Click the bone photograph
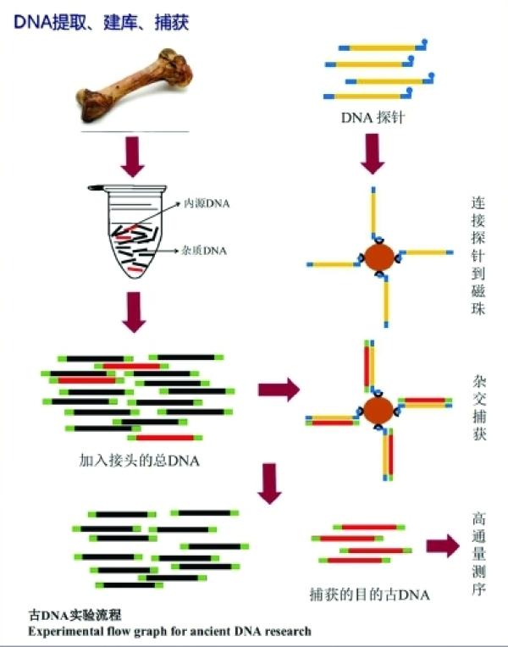[134, 85]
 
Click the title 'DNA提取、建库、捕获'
[101, 22]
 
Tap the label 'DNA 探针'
[373, 118]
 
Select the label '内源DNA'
[207, 203]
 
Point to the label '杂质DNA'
[204, 251]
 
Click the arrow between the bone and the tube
[132, 157]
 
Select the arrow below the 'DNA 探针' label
[373, 153]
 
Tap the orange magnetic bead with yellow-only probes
[378, 258]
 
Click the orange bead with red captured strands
[378, 411]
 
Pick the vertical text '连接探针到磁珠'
[478, 256]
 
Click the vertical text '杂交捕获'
[479, 407]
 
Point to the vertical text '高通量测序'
[478, 553]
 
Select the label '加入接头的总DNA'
[139, 461]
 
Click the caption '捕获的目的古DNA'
[370, 594]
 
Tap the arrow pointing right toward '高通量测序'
[443, 546]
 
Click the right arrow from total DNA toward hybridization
[279, 390]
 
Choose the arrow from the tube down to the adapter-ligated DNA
[134, 312]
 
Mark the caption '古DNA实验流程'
[75, 615]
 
